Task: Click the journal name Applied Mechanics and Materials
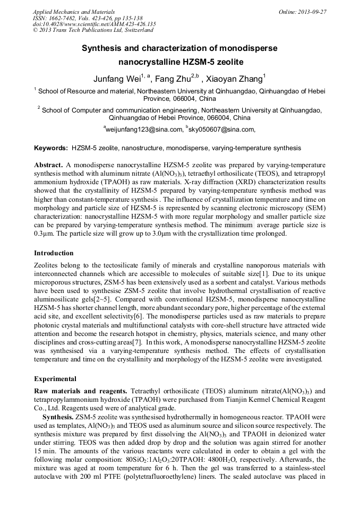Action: click(73, 11)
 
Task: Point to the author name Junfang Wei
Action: click(116, 79)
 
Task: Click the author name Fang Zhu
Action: click(174, 79)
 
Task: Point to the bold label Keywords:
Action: click(51, 148)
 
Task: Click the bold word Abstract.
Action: click(48, 166)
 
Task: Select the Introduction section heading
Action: click(54, 253)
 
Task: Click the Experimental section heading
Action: click(55, 379)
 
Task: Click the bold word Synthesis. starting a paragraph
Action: click(58, 417)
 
